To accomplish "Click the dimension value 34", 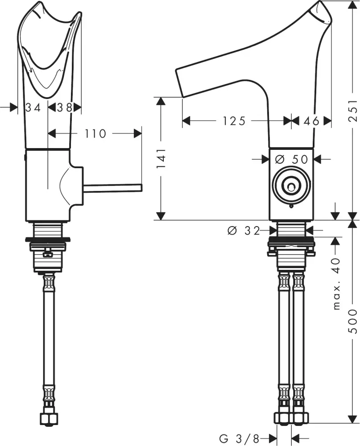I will coord(33,107).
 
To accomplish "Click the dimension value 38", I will coord(65,107).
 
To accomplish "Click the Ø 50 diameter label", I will coord(292,159).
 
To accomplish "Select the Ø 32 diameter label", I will coord(243,230).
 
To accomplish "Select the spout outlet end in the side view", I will coord(181,83).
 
